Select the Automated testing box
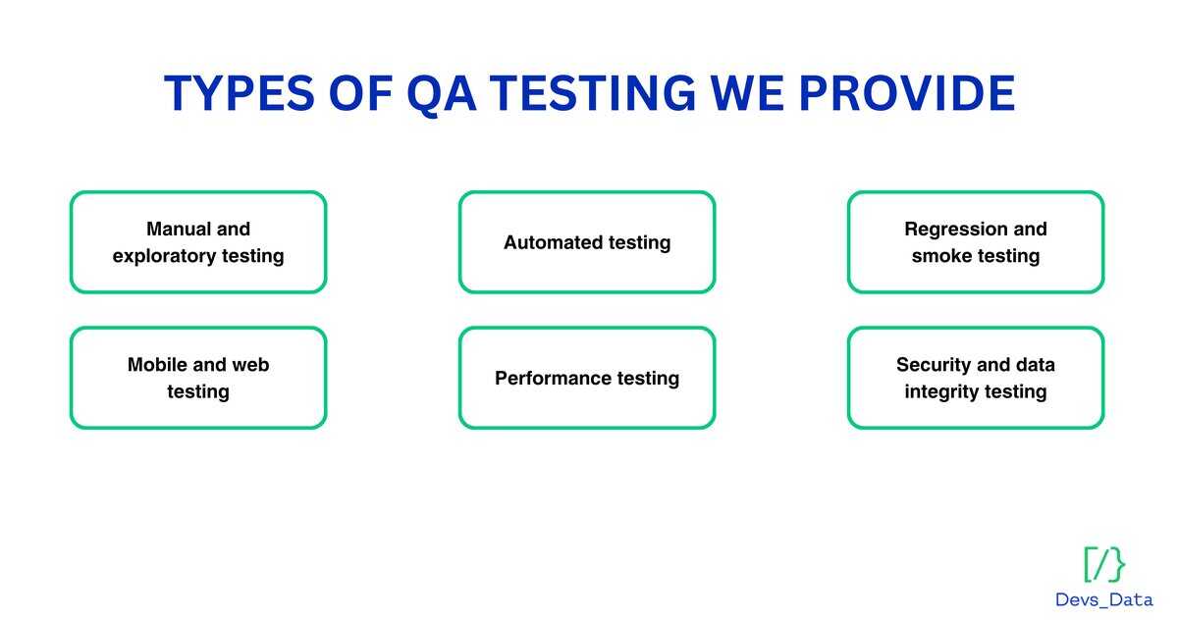click(x=587, y=242)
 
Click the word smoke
click(x=940, y=256)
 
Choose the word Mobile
click(x=157, y=365)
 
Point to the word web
click(x=250, y=365)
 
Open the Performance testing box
click(x=587, y=378)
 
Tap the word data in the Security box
click(x=1034, y=365)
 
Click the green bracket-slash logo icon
click(x=1104, y=564)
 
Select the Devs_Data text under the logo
click(x=1104, y=599)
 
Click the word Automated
click(x=551, y=242)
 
